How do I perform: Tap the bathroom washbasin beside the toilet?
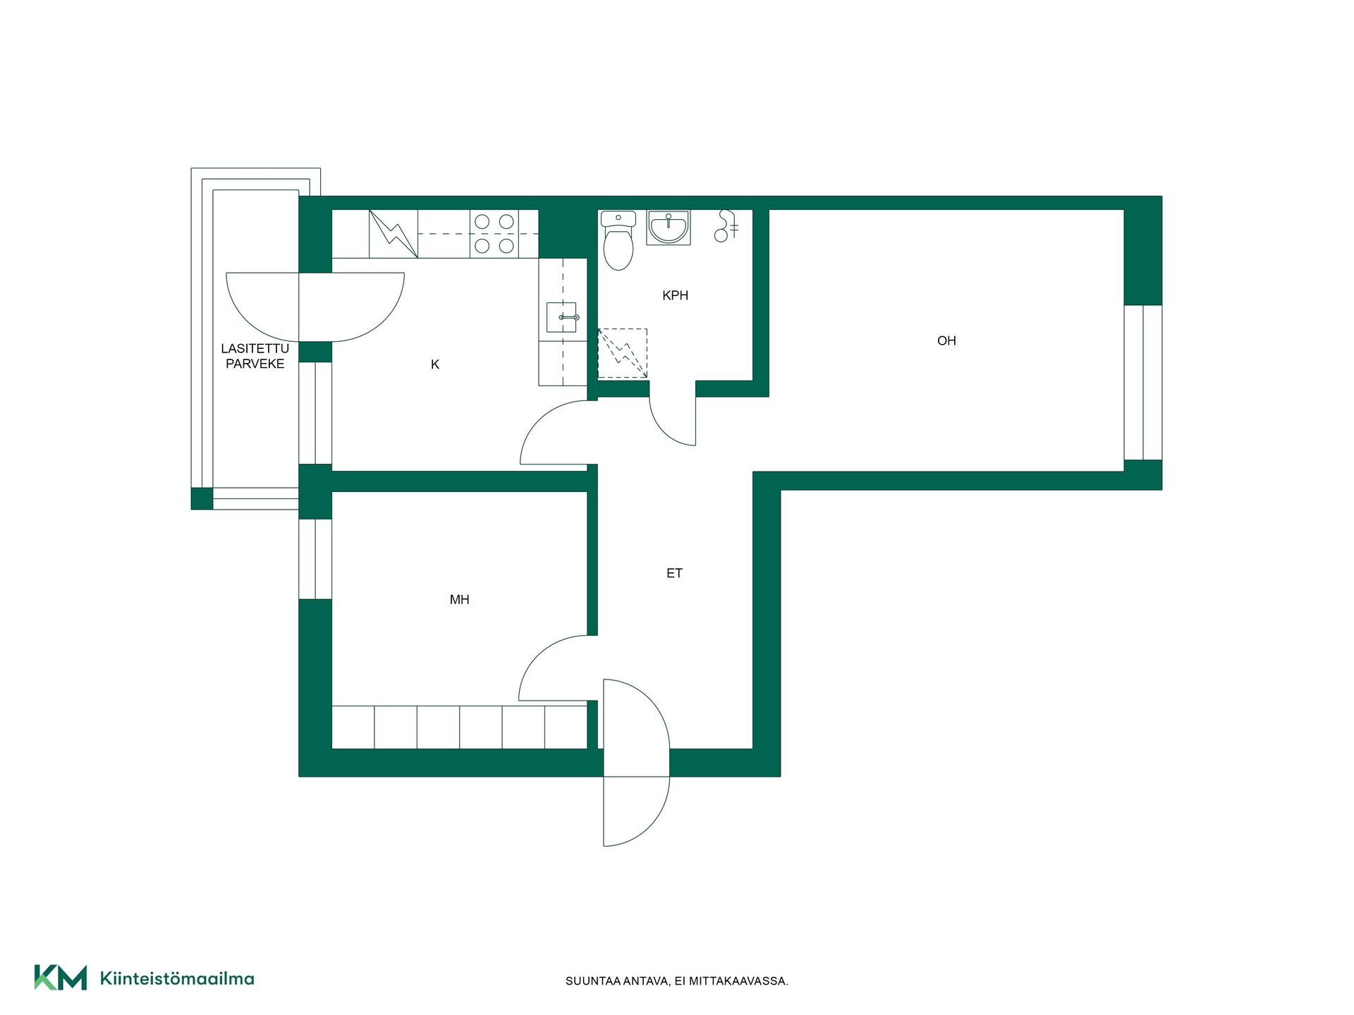pos(668,227)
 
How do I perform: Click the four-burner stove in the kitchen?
pos(494,233)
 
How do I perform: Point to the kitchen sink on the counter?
pos(562,317)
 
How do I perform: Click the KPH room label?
pos(675,295)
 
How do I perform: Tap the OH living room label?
pos(946,341)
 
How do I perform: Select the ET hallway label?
pos(674,574)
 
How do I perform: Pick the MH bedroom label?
pos(459,600)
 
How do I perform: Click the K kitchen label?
pos(435,364)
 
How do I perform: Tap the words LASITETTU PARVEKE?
pos(255,356)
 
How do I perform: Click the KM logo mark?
pos(61,978)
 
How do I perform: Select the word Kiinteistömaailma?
pos(177,978)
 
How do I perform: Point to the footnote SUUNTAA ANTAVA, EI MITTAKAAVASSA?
pos(677,981)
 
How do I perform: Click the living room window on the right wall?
pos(1142,383)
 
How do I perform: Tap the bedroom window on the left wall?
pos(315,559)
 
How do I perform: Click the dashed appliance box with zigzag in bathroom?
pos(622,353)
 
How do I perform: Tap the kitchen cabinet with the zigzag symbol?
pos(394,233)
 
